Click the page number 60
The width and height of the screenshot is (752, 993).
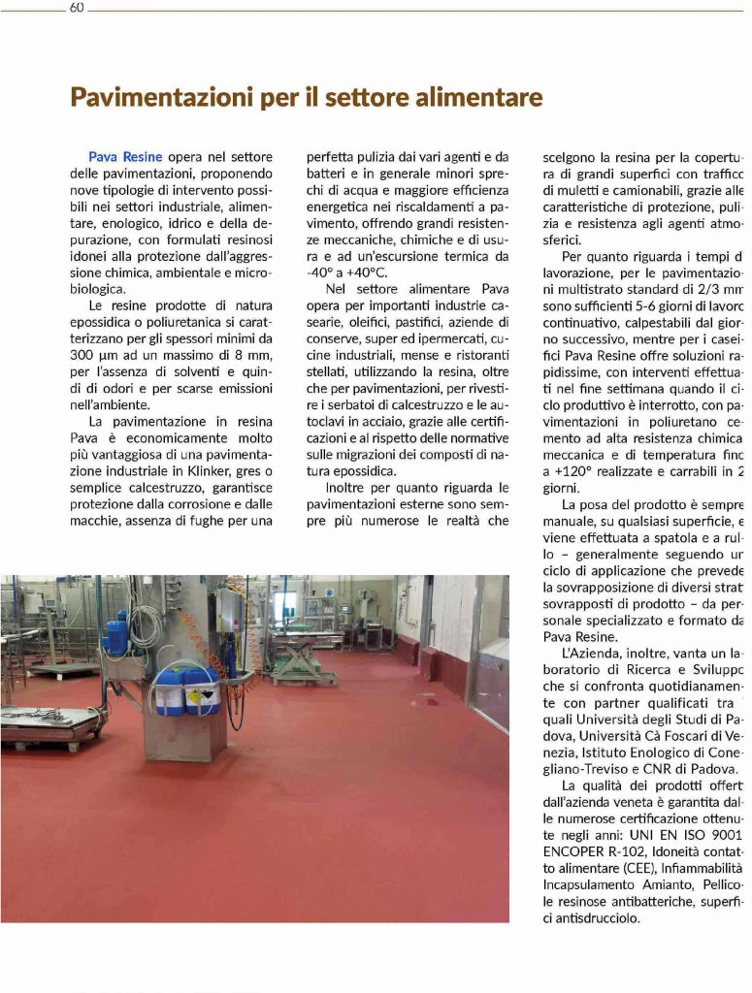(78, 9)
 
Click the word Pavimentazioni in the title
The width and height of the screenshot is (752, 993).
(154, 98)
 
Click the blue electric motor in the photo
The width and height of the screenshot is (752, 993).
(116, 635)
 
